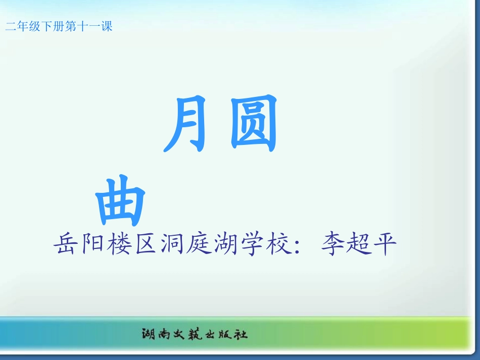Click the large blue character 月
coord(185,124)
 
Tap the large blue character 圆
coord(253,124)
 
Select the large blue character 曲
coord(120,200)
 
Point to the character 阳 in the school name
coord(92,245)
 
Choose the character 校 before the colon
coord(280,245)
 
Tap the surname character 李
coord(331,245)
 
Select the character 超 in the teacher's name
coord(357,245)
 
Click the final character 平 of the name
coord(384,245)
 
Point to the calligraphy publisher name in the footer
coord(194,334)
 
